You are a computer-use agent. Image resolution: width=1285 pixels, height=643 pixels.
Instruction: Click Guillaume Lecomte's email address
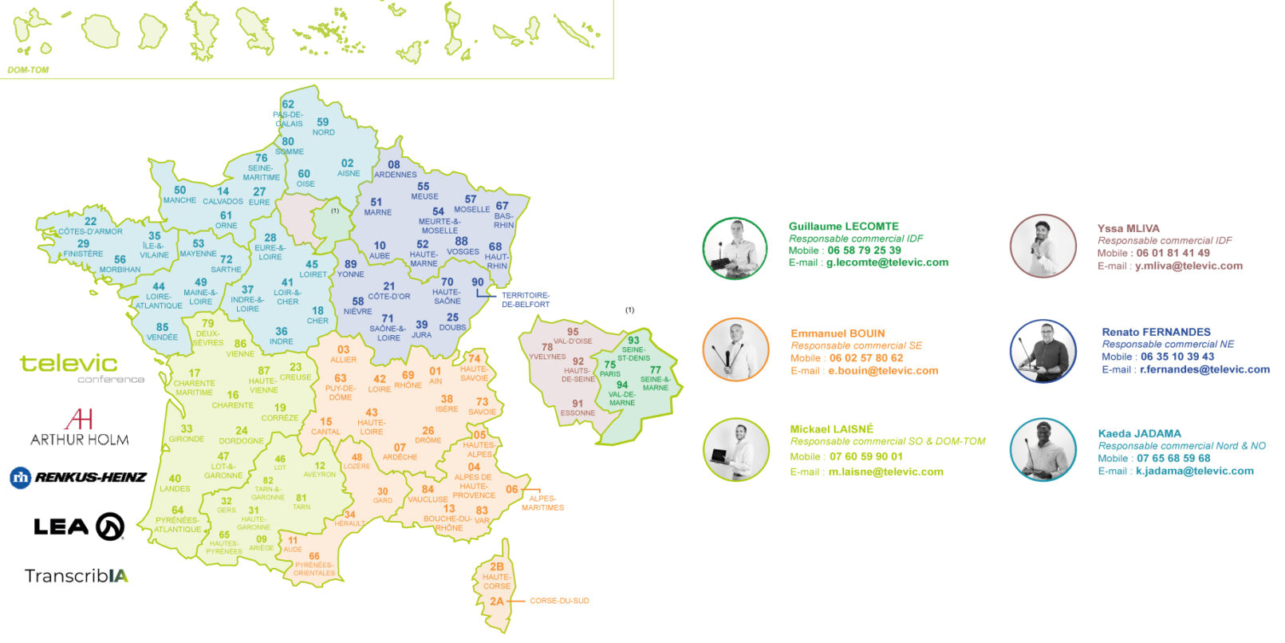[887, 262]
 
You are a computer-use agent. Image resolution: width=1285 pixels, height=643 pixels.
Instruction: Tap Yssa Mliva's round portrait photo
[1043, 247]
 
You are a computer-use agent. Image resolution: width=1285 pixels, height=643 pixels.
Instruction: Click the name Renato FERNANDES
[1156, 332]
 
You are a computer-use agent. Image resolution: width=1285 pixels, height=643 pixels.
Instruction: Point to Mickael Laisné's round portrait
[735, 450]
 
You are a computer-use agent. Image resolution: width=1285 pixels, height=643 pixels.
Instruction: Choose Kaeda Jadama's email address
[1194, 471]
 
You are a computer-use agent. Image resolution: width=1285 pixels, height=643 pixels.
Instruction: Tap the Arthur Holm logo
[79, 428]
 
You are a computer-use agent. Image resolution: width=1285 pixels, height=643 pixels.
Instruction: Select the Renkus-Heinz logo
[78, 478]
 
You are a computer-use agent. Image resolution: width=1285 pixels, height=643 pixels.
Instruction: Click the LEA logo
[78, 527]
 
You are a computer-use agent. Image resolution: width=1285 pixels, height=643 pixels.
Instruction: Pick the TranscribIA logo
[76, 576]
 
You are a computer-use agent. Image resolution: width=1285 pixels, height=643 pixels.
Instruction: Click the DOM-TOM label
[28, 70]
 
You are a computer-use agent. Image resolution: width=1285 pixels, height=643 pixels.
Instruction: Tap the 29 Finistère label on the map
[83, 249]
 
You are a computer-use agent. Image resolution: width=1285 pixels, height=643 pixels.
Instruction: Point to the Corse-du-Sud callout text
[559, 601]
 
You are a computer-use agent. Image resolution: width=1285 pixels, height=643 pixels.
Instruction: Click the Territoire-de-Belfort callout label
[525, 300]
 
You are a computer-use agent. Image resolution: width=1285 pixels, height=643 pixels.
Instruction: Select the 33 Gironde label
[187, 433]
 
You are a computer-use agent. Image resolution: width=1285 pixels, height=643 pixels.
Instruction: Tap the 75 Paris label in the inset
[609, 369]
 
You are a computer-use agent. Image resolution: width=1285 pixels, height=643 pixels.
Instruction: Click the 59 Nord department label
[323, 127]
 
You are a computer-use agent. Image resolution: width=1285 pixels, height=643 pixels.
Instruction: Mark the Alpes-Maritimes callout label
[542, 503]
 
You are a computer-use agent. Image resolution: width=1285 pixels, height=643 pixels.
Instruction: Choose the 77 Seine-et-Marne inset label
[655, 378]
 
